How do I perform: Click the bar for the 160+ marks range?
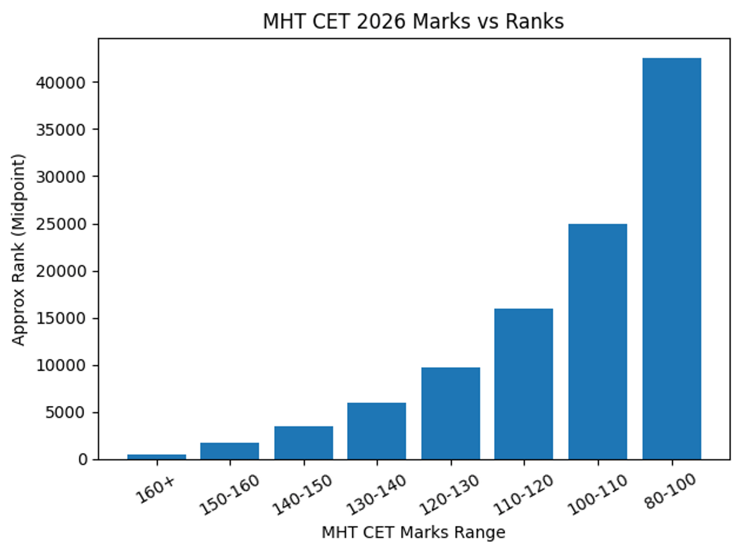pyautogui.click(x=156, y=457)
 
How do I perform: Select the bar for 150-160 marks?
pyautogui.click(x=230, y=451)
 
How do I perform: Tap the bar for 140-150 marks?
pyautogui.click(x=304, y=442)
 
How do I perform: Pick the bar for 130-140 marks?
pyautogui.click(x=377, y=431)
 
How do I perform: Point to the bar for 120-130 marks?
pyautogui.click(x=451, y=413)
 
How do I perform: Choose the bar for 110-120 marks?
pyautogui.click(x=524, y=384)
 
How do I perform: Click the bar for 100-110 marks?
pyautogui.click(x=598, y=341)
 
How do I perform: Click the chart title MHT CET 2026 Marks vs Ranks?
pyautogui.click(x=413, y=22)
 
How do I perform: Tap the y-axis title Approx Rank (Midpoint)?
pyautogui.click(x=20, y=249)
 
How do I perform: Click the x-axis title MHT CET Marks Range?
pyautogui.click(x=413, y=532)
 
